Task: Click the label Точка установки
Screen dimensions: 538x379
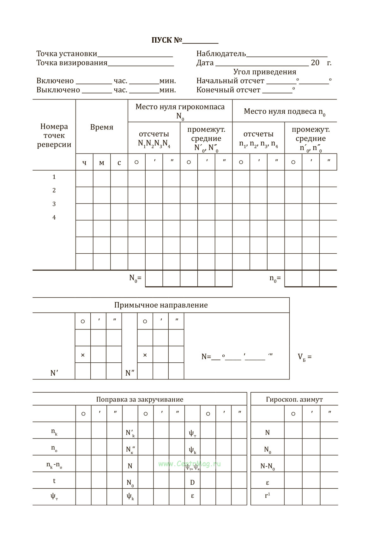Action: (67, 54)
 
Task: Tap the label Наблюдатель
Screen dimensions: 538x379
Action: (221, 54)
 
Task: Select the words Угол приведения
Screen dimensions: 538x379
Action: (265, 72)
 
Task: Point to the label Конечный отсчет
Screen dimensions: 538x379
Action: (228, 90)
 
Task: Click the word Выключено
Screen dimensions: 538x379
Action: (58, 90)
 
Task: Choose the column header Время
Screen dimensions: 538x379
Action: (102, 127)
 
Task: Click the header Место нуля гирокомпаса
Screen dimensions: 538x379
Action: (180, 107)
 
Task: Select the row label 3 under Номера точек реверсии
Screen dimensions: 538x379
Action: (54, 204)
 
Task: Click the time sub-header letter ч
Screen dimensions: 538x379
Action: (84, 163)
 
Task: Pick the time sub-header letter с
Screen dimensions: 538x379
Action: (119, 163)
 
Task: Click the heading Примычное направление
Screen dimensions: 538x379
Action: (161, 305)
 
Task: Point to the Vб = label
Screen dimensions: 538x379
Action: (304, 357)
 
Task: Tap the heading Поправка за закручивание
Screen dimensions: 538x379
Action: (140, 400)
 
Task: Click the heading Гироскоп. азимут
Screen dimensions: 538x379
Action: (294, 400)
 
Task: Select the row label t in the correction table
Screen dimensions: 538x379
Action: (54, 481)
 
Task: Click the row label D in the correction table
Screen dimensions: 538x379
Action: (192, 483)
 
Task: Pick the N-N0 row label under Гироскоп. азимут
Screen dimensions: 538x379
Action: (268, 466)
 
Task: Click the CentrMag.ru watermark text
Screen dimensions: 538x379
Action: (189, 464)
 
